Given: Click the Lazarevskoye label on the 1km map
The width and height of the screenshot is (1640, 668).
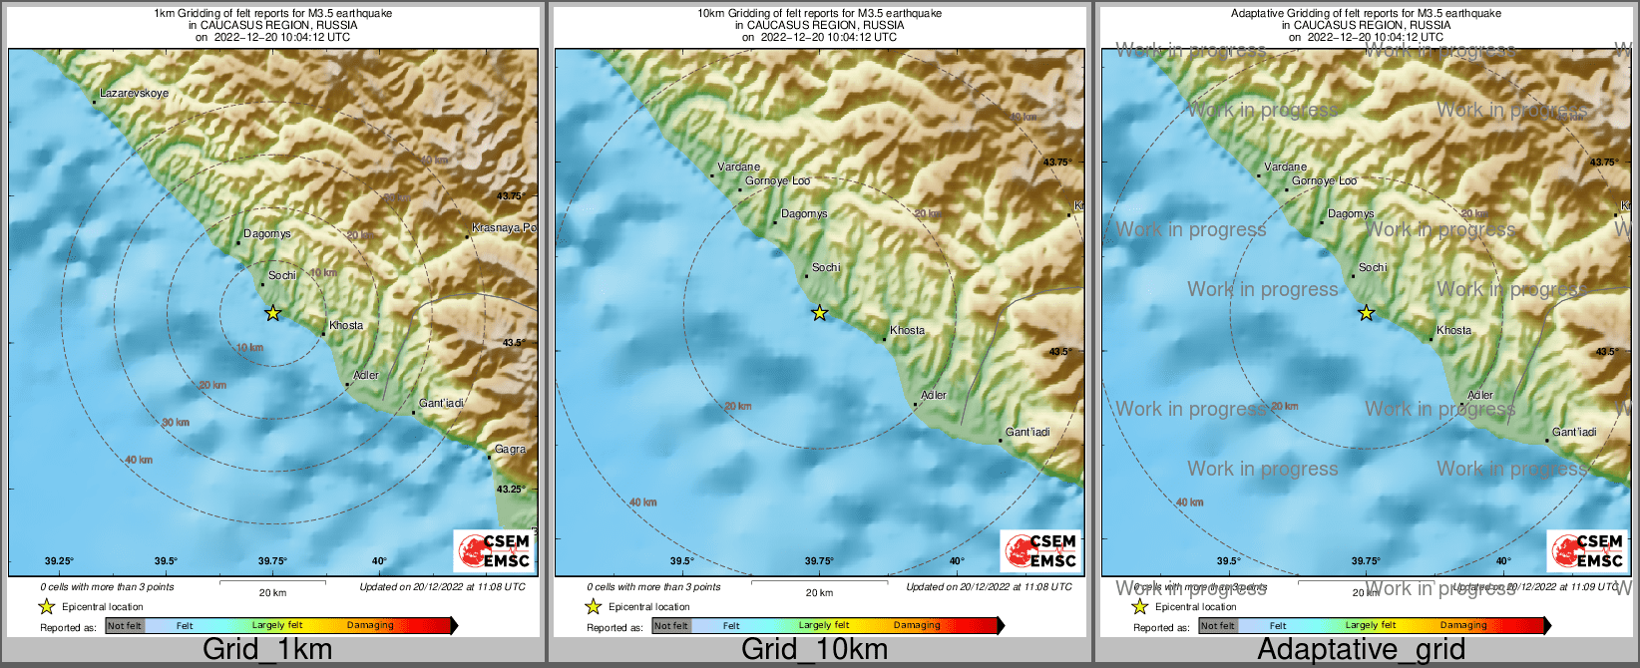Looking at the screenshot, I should [134, 93].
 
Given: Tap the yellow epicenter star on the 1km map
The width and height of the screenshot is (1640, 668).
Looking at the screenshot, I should [272, 313].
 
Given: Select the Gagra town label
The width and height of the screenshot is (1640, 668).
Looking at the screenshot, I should [510, 449].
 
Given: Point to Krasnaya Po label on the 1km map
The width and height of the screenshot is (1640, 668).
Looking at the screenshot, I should [503, 228].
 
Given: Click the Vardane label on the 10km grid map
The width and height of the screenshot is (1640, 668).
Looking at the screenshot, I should [738, 167].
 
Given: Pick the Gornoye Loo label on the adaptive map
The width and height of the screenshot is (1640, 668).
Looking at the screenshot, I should [1324, 180].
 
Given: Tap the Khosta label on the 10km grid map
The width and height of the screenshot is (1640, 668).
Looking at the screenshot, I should [907, 330].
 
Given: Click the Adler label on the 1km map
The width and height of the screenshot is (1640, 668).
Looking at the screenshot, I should [366, 375].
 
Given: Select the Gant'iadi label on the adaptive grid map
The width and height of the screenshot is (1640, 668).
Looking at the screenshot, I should [1574, 432].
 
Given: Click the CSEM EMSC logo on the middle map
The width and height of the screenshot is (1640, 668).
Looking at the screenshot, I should [1040, 550].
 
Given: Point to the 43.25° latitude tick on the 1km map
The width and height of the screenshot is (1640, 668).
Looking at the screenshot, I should [512, 490].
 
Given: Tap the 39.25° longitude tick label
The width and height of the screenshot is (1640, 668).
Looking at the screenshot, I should [59, 561].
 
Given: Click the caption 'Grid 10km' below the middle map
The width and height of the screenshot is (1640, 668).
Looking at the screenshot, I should [814, 649].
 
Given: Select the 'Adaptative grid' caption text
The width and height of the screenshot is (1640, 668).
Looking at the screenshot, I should [1361, 649].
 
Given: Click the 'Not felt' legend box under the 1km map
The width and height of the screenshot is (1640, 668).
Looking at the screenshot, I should [125, 626].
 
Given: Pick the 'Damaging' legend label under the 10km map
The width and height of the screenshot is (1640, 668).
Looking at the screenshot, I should [916, 625].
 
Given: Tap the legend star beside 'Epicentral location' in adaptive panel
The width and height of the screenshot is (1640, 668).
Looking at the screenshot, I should [1139, 606].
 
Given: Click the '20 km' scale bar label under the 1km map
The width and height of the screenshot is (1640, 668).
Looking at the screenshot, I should [272, 592].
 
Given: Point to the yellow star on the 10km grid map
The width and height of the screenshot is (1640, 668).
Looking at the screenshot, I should [819, 313].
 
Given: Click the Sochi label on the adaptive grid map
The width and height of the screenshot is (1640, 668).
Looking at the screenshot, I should [1373, 267].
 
